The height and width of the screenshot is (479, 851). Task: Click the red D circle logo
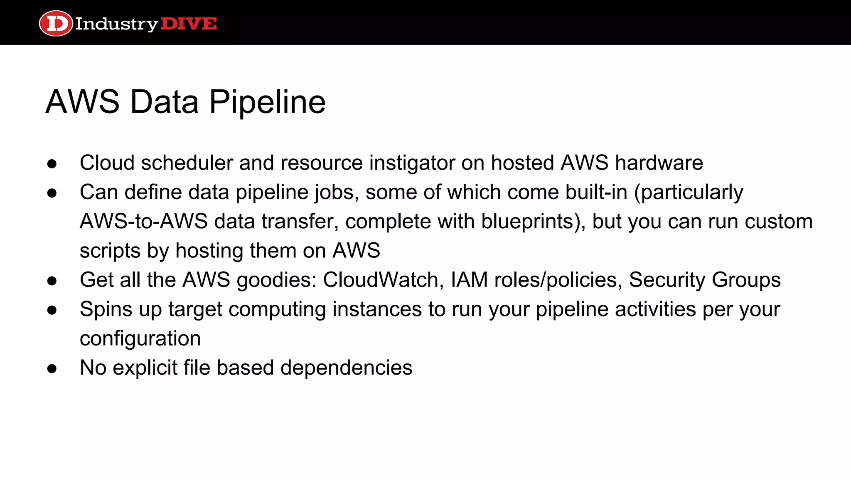click(56, 24)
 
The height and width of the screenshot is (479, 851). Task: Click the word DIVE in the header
click(189, 24)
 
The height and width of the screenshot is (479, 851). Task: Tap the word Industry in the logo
click(116, 24)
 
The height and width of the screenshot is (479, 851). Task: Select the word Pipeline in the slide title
click(267, 102)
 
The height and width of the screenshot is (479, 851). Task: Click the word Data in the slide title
click(165, 102)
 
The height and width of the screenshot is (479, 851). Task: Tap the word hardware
click(659, 163)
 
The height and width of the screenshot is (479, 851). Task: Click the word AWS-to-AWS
click(143, 221)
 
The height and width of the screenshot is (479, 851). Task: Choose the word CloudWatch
click(381, 280)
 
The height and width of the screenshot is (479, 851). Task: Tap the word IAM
click(469, 280)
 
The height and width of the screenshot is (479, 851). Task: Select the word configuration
click(140, 338)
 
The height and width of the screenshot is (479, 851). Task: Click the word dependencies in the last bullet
click(346, 368)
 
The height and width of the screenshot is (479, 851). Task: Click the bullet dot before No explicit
click(52, 369)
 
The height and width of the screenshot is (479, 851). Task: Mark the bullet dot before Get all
click(52, 281)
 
